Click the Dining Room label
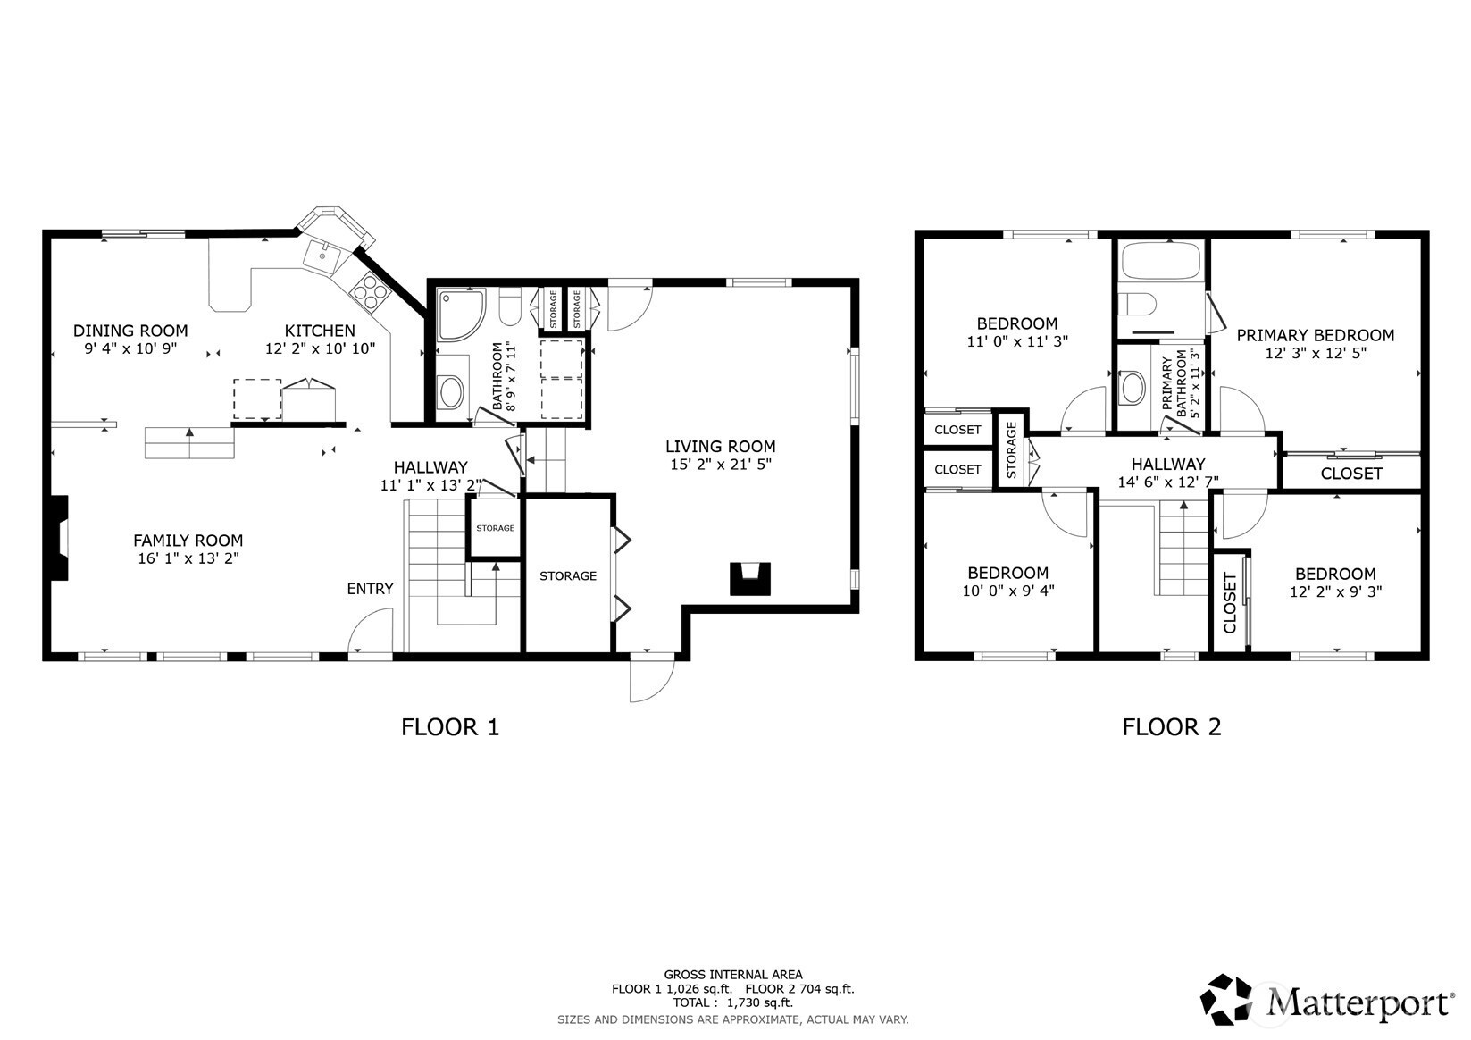tap(130, 331)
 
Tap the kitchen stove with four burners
tap(368, 291)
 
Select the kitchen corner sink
tap(322, 256)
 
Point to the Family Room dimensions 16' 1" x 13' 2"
tap(188, 558)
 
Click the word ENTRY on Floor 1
tap(370, 589)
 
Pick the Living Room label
tap(721, 447)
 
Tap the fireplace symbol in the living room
tap(750, 579)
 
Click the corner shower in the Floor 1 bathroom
tap(462, 315)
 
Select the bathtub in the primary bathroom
tap(1161, 261)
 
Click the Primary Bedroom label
tap(1316, 335)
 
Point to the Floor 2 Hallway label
tap(1168, 465)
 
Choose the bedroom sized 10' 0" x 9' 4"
tap(1008, 573)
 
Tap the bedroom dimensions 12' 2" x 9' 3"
tap(1336, 591)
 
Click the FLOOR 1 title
tap(450, 727)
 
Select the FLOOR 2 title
tap(1172, 727)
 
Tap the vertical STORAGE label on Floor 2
tap(1011, 450)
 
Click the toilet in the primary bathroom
tap(1137, 305)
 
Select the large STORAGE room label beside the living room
tap(568, 576)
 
